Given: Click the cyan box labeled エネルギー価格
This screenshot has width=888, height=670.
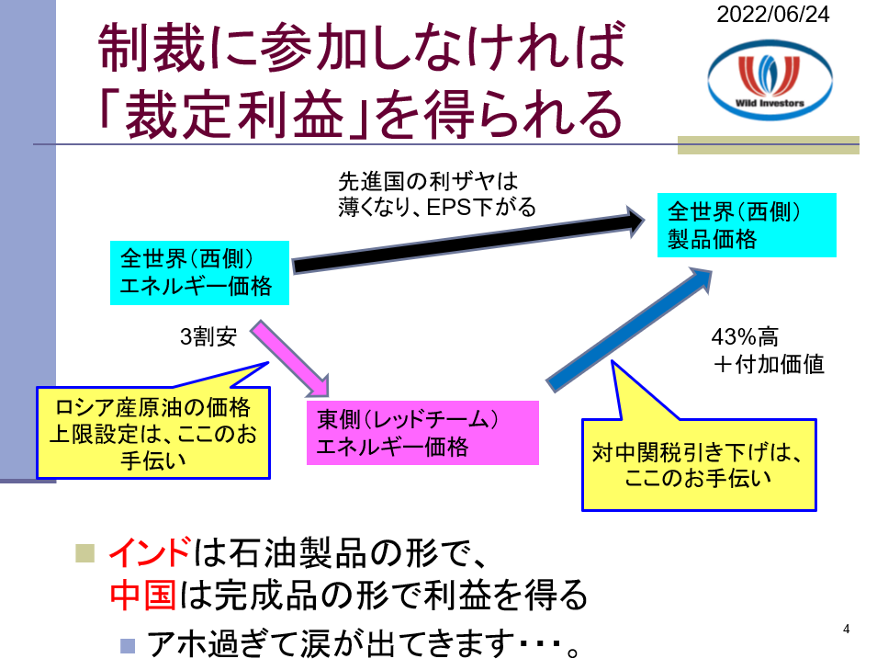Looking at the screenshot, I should pos(199,273).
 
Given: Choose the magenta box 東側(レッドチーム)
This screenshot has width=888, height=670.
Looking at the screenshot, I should pos(422,432).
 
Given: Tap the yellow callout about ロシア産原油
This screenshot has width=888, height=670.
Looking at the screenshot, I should pos(152,431).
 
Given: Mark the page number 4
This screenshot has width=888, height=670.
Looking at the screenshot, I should pos(846,629).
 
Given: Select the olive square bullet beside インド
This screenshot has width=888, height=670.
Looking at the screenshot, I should pos(86,552).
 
